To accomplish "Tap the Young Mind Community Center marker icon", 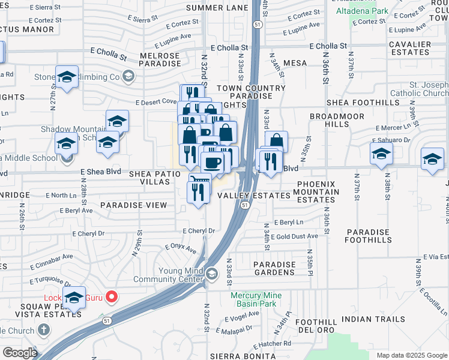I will [211, 274].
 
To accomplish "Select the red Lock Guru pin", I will [111, 296].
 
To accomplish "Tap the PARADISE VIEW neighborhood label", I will [133, 205].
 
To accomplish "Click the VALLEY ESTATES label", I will [254, 196].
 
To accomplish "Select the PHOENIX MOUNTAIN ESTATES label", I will [319, 192].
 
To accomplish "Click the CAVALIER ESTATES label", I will [410, 48].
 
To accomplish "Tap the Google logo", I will [19, 353].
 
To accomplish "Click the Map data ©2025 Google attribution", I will [411, 355].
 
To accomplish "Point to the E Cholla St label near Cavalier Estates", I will [328, 46].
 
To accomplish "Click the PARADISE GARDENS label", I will [274, 268].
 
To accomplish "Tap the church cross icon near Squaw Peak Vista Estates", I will [43, 329].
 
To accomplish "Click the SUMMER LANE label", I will [217, 8].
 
